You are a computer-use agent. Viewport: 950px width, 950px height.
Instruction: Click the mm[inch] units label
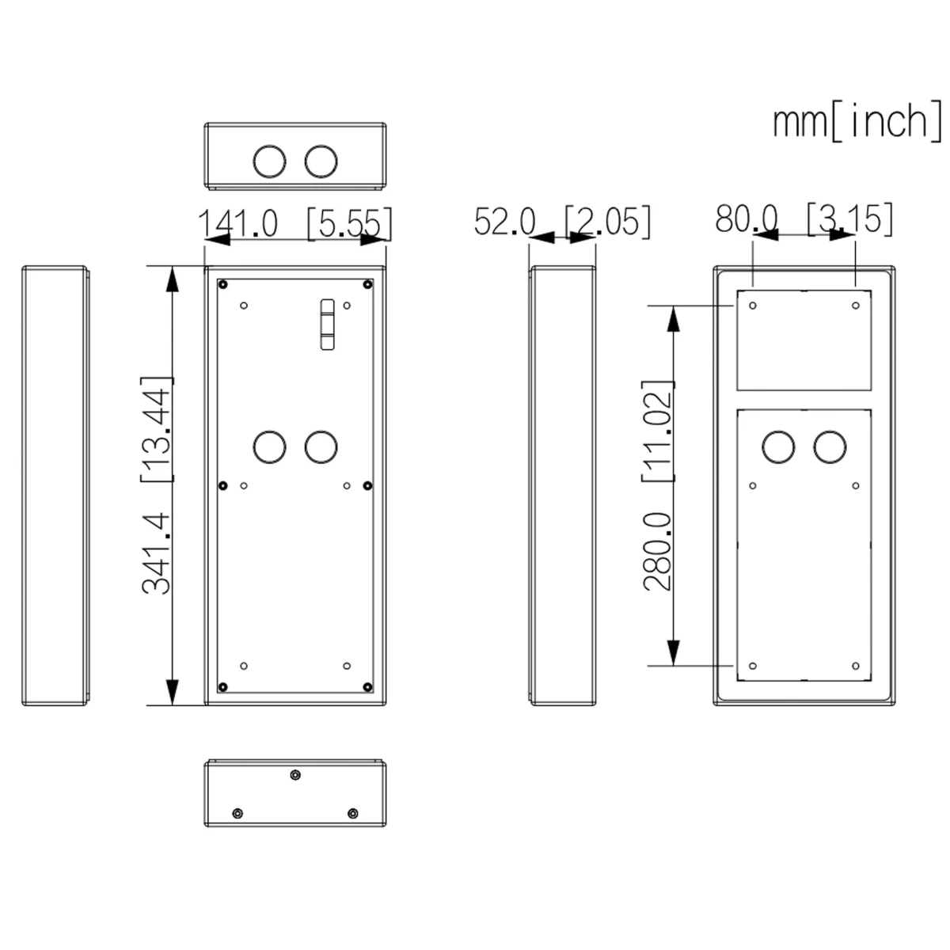tap(857, 121)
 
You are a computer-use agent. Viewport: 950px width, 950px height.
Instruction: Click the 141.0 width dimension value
tap(237, 223)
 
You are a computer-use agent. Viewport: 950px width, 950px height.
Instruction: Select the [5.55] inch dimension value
tap(348, 223)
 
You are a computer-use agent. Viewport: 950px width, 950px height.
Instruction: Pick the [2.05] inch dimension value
tap(607, 222)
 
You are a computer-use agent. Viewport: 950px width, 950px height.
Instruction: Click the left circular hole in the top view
tap(269, 161)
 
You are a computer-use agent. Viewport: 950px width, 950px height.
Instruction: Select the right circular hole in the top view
tap(321, 161)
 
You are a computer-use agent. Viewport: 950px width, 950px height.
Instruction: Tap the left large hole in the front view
tap(269, 447)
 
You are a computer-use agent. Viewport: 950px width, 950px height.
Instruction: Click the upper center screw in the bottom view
tap(295, 775)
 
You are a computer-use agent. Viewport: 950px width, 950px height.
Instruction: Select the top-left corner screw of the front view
tap(223, 284)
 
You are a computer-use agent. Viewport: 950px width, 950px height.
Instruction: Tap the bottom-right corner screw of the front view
tap(367, 686)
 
